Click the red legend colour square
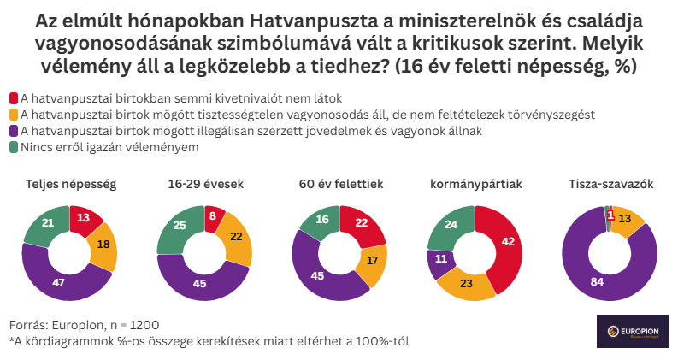click(x=14, y=98)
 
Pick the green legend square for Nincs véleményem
click(x=14, y=147)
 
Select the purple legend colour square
click(x=14, y=131)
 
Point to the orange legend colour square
click(x=14, y=115)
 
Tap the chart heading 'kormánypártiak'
click(x=475, y=184)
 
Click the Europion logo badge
click(x=633, y=331)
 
